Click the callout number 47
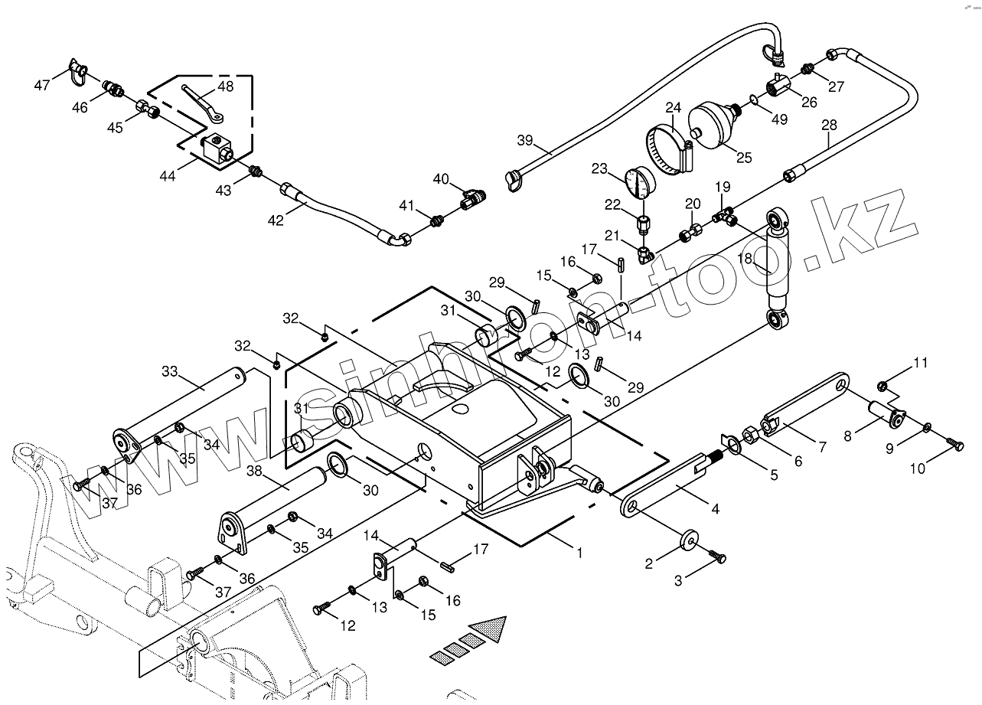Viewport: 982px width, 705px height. click(42, 85)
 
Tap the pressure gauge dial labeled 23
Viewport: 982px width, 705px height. click(640, 182)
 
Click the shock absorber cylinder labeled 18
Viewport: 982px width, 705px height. click(778, 269)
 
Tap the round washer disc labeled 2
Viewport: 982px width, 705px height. click(689, 540)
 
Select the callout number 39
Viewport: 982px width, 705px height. click(525, 140)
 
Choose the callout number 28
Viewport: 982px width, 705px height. click(829, 125)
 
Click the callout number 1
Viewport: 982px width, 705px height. click(579, 553)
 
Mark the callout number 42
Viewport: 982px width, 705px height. click(276, 220)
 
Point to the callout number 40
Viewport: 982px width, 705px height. click(441, 179)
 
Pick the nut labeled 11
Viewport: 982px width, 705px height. click(883, 386)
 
